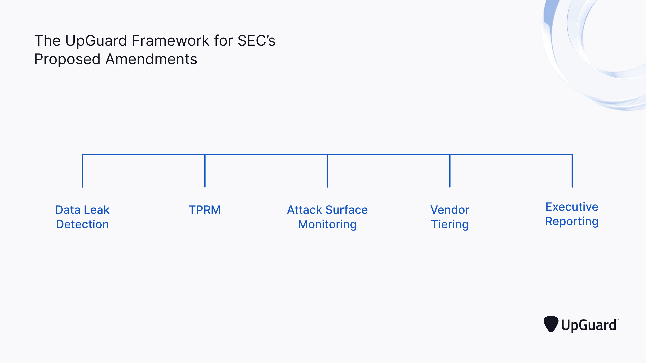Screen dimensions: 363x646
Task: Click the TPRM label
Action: (x=205, y=210)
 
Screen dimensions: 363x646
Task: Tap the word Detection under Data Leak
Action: (x=82, y=225)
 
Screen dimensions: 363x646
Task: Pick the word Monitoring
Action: (x=327, y=225)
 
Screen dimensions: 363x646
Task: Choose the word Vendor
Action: (x=450, y=210)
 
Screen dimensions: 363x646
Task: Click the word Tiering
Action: (x=450, y=225)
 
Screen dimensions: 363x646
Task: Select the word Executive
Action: (x=572, y=207)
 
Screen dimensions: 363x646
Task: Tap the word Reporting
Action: (x=572, y=221)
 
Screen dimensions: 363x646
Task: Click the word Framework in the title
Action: (x=170, y=41)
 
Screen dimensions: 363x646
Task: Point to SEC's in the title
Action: (x=256, y=41)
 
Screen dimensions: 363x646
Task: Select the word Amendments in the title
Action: (x=151, y=59)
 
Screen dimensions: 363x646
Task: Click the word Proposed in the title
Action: (x=67, y=59)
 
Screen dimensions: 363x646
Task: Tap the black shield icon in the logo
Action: (x=551, y=324)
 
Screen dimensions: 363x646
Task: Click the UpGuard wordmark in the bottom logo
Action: (x=589, y=325)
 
